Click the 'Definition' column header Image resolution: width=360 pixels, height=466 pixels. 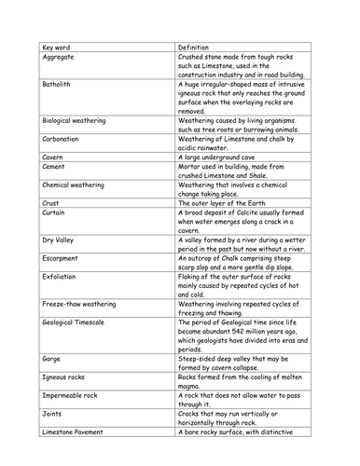[x=198, y=45]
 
